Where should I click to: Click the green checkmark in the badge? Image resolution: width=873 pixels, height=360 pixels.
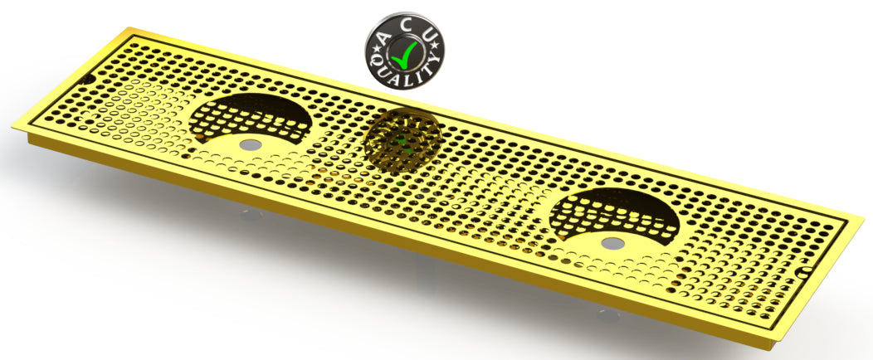point(405,55)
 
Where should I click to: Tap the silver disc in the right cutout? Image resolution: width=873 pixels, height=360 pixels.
point(612,243)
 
